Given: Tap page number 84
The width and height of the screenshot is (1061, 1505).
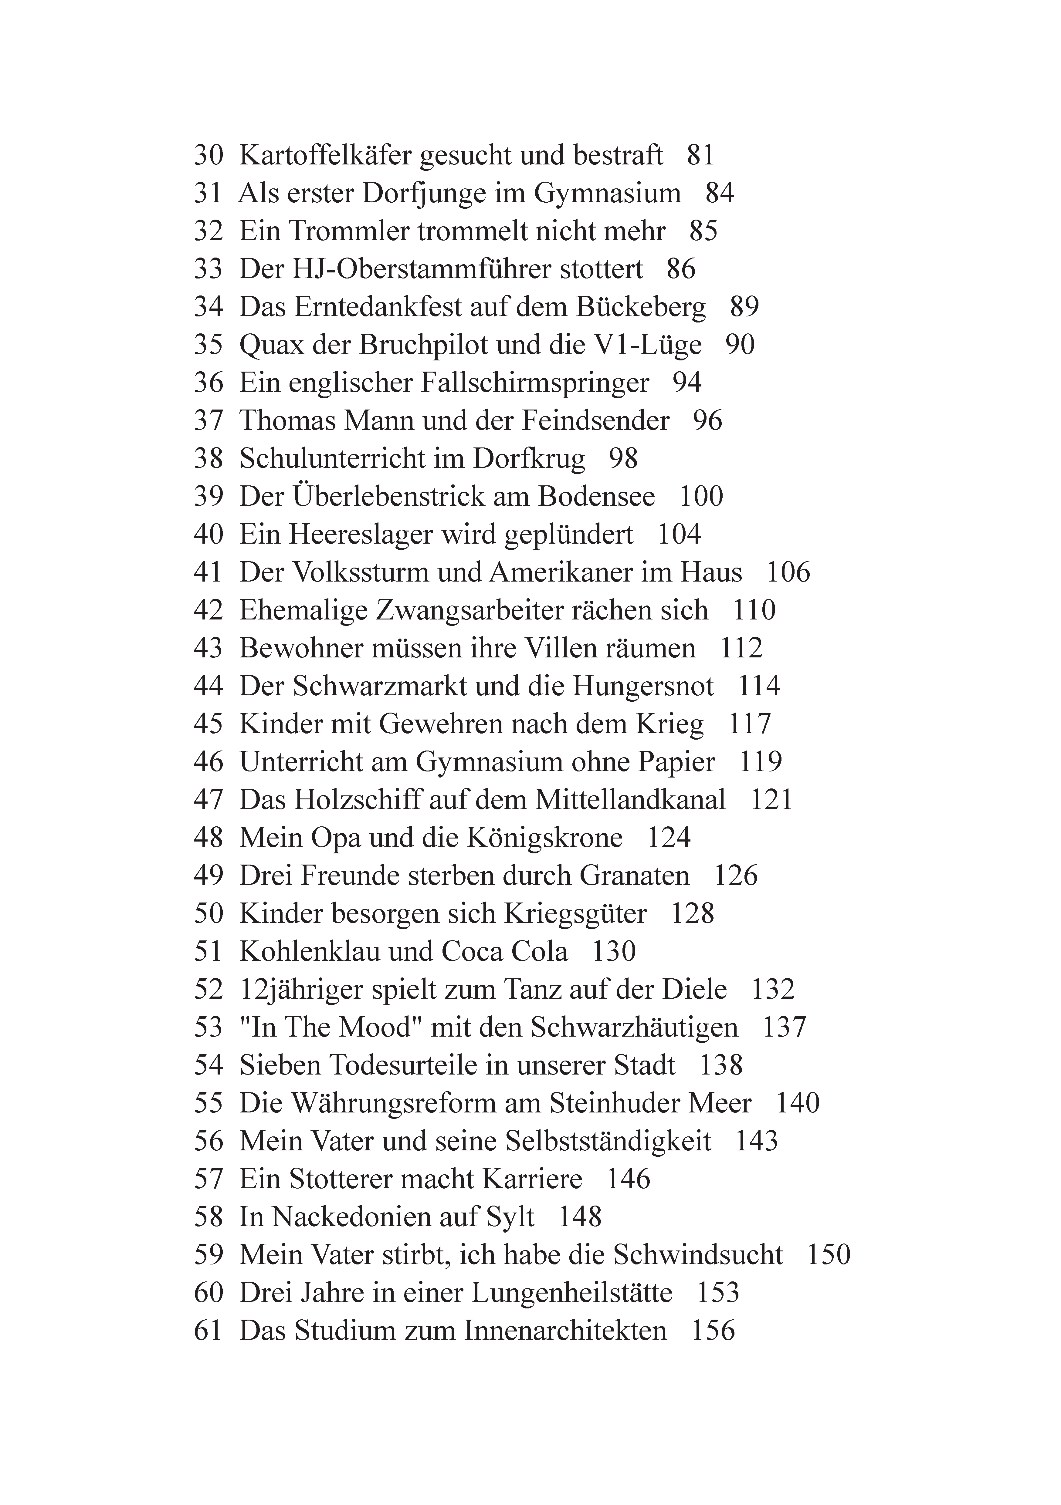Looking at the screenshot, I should click(719, 193).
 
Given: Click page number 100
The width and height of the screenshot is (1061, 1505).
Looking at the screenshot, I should click(700, 497).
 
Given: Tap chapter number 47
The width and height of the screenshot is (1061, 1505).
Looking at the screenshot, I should click(208, 800).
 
